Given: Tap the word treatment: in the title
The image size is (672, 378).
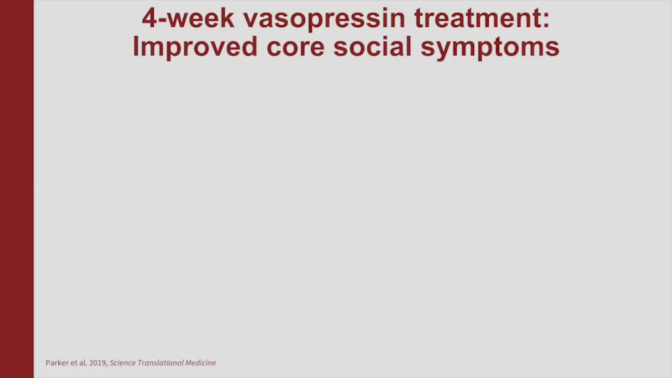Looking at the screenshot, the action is pos(482,18).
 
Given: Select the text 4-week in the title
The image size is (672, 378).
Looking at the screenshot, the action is pos(188,18).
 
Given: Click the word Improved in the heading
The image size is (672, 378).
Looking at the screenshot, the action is pos(195,47).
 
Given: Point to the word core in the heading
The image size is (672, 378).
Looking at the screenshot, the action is pos(296,47).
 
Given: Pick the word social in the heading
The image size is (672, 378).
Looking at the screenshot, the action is pos(372,47).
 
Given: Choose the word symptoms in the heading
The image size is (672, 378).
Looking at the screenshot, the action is pos(490,48).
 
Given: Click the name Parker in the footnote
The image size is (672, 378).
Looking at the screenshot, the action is pos(57,363).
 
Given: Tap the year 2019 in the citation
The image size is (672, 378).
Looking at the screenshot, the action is pos(98,363).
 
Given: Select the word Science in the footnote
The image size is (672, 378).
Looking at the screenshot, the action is pos(123,363).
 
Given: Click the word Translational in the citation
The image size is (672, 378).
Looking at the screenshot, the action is pos(161,363).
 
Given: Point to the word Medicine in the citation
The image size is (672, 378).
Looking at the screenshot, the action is pos(201,363).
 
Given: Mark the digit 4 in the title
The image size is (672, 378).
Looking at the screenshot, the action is pos(149,18).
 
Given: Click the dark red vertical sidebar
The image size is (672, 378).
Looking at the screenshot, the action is pos(17,189).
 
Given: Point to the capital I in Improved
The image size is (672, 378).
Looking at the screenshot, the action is pos(135,47).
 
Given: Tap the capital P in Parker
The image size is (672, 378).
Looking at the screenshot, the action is pos(48,363).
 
